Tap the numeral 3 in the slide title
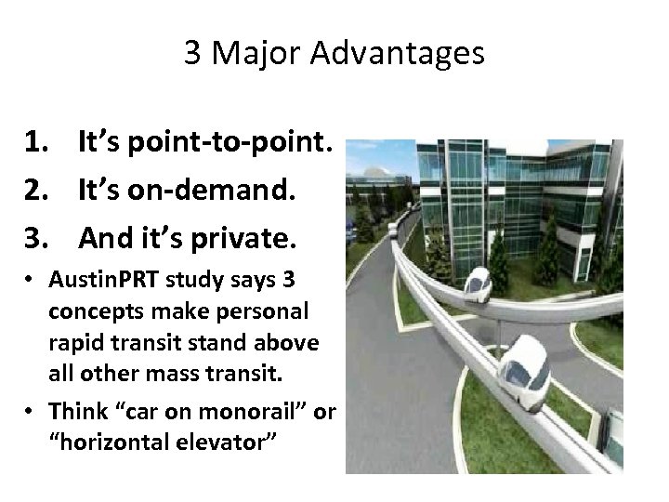tap(192, 54)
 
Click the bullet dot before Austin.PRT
tap(33, 280)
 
